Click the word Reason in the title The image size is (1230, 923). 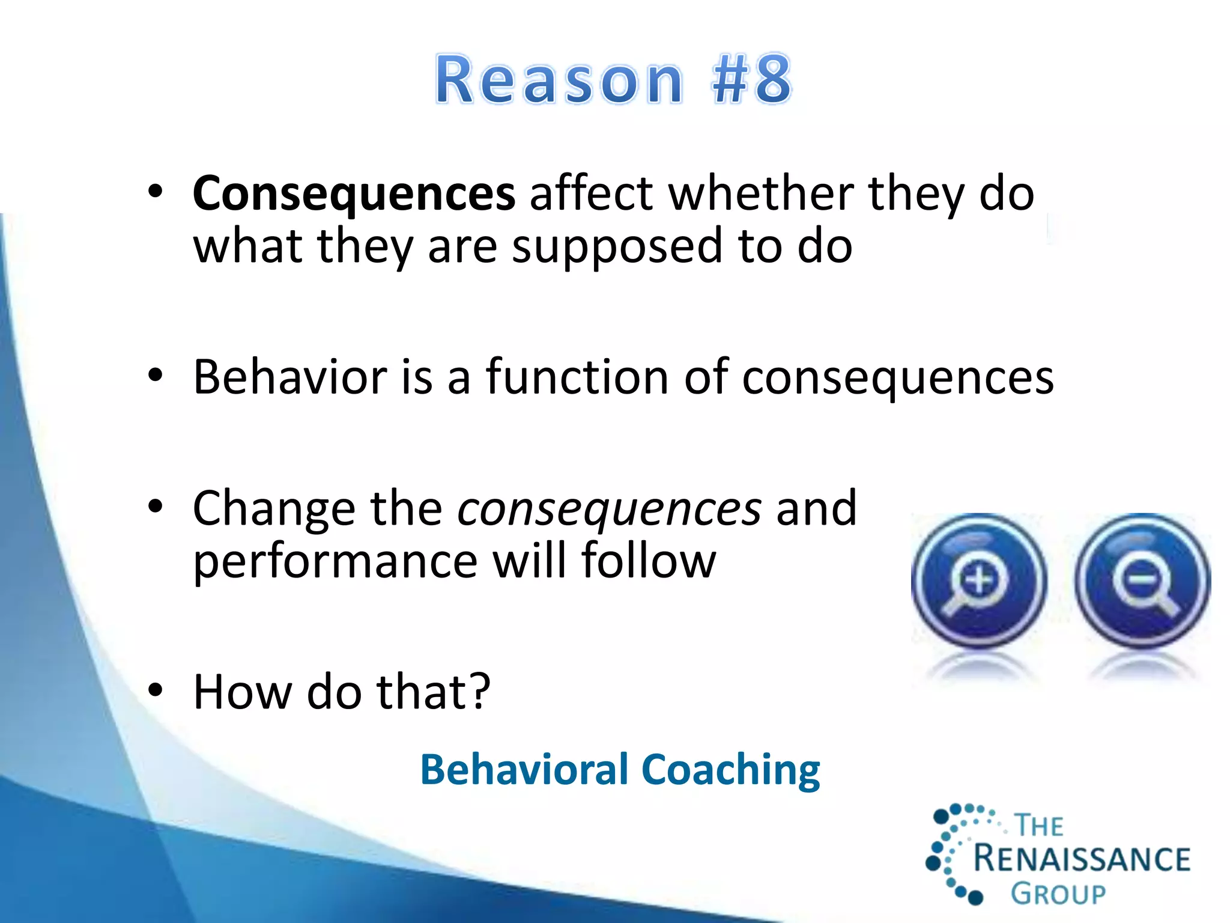[x=559, y=79]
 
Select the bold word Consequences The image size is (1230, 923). [x=354, y=193]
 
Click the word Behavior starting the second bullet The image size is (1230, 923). [x=290, y=377]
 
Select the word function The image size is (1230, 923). [x=577, y=377]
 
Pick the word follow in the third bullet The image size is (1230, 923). [x=649, y=560]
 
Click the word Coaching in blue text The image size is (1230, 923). [x=730, y=770]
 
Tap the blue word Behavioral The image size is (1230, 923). [x=524, y=770]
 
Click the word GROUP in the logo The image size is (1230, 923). [x=1058, y=894]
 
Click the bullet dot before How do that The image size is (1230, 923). [x=156, y=690]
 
